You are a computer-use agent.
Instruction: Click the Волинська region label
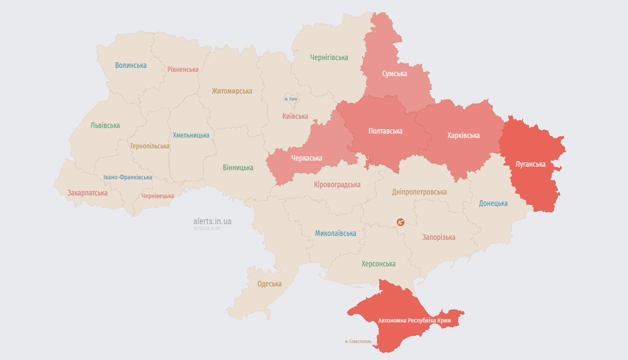pyautogui.click(x=131, y=65)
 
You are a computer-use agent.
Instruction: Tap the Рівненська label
pyautogui.click(x=183, y=69)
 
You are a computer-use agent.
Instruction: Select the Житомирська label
pyautogui.click(x=232, y=91)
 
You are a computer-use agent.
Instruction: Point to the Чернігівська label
pyautogui.click(x=329, y=57)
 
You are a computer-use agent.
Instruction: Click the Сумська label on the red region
pyautogui.click(x=395, y=74)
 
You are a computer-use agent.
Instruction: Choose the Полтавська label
pyautogui.click(x=386, y=131)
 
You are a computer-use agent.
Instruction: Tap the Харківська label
pyautogui.click(x=464, y=135)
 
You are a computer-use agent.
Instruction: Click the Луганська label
pyautogui.click(x=531, y=164)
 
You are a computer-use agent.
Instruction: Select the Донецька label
pyautogui.click(x=493, y=203)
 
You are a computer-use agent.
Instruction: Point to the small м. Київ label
pyautogui.click(x=291, y=99)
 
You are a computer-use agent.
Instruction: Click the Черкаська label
pyautogui.click(x=307, y=158)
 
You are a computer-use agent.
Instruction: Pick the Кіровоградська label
pyautogui.click(x=337, y=184)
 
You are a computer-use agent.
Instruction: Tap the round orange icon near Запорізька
pyautogui.click(x=400, y=222)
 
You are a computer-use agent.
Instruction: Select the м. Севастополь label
pyautogui.click(x=358, y=342)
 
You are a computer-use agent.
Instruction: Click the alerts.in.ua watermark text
pyautogui.click(x=212, y=221)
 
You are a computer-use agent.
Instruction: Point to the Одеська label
pyautogui.click(x=269, y=284)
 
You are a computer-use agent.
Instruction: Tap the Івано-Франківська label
pyautogui.click(x=128, y=177)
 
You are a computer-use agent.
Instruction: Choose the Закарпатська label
pyautogui.click(x=87, y=193)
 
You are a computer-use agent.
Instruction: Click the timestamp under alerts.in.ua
pyautogui.click(x=207, y=229)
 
